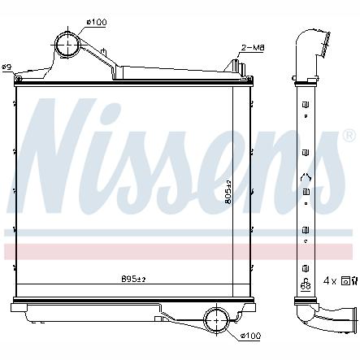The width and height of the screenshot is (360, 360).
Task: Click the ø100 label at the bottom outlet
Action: [x=250, y=335]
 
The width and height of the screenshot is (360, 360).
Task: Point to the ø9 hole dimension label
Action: [x=7, y=67]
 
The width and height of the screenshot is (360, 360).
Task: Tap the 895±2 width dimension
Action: [x=132, y=280]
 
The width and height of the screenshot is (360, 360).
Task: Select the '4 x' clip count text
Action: [x=330, y=280]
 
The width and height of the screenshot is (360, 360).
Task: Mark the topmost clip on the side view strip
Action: [x=306, y=106]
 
